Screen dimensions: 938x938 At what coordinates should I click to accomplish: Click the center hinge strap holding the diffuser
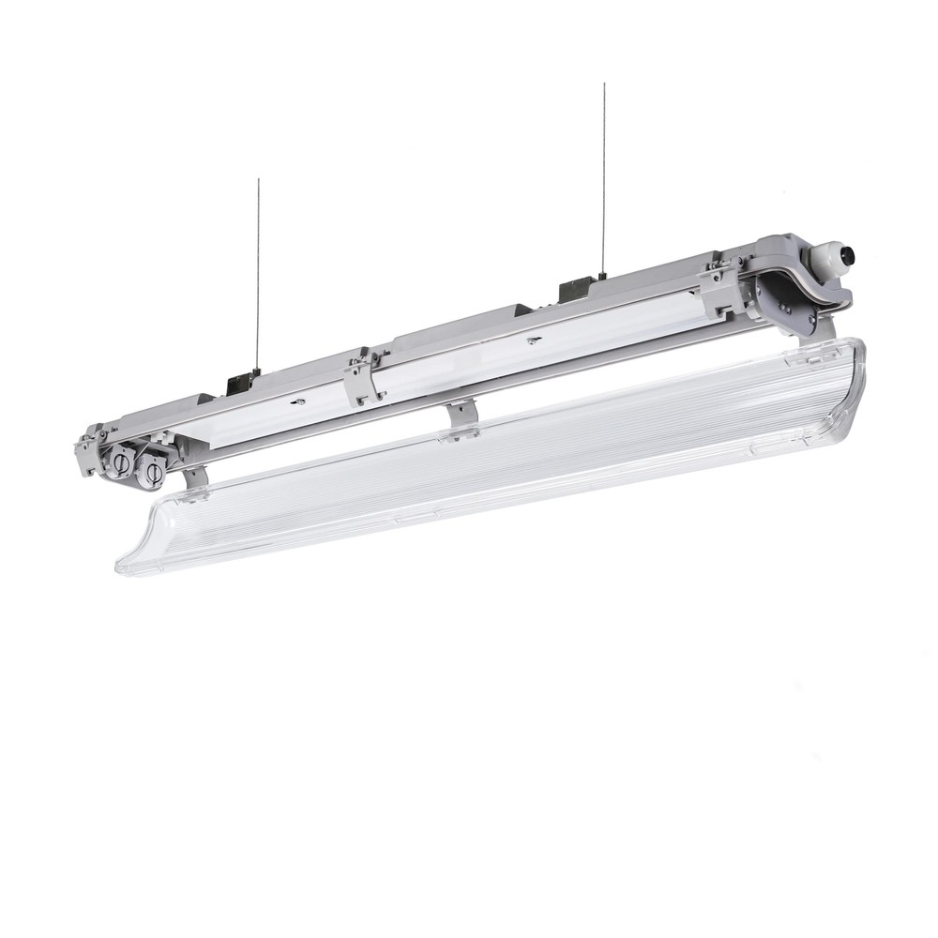[460, 419]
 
